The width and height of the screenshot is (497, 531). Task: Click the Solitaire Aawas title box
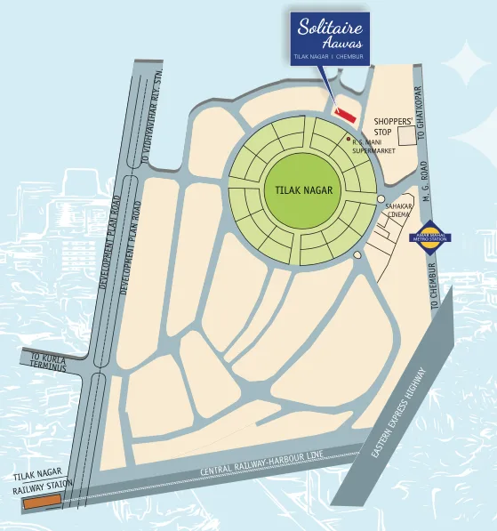[x=331, y=37]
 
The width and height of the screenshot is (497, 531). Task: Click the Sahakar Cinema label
[x=399, y=210]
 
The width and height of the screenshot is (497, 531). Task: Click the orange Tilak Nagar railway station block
[x=42, y=503]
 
